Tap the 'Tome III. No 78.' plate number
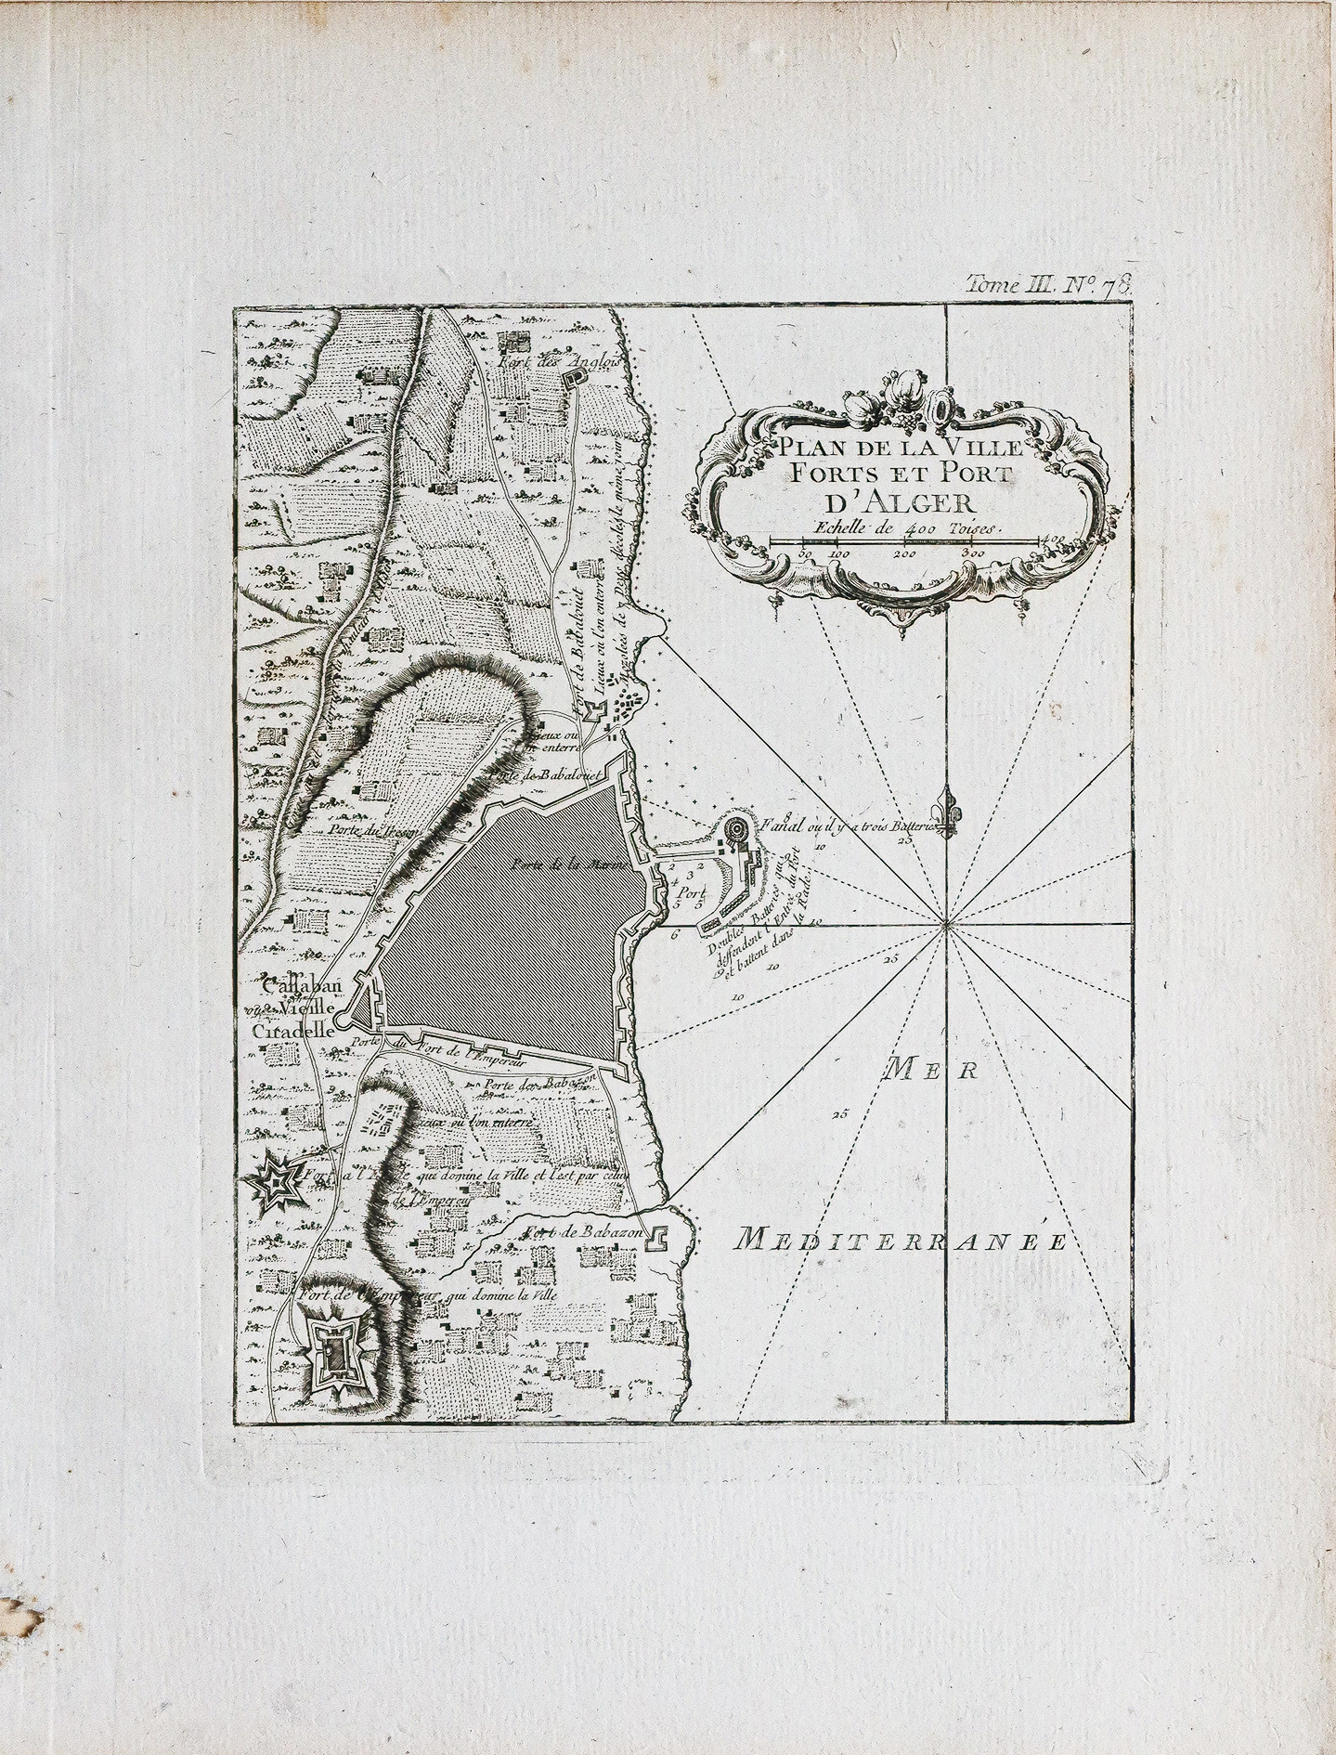(1049, 284)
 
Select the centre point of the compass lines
(947, 922)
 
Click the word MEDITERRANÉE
(898, 1239)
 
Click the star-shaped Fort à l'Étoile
(276, 1182)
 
